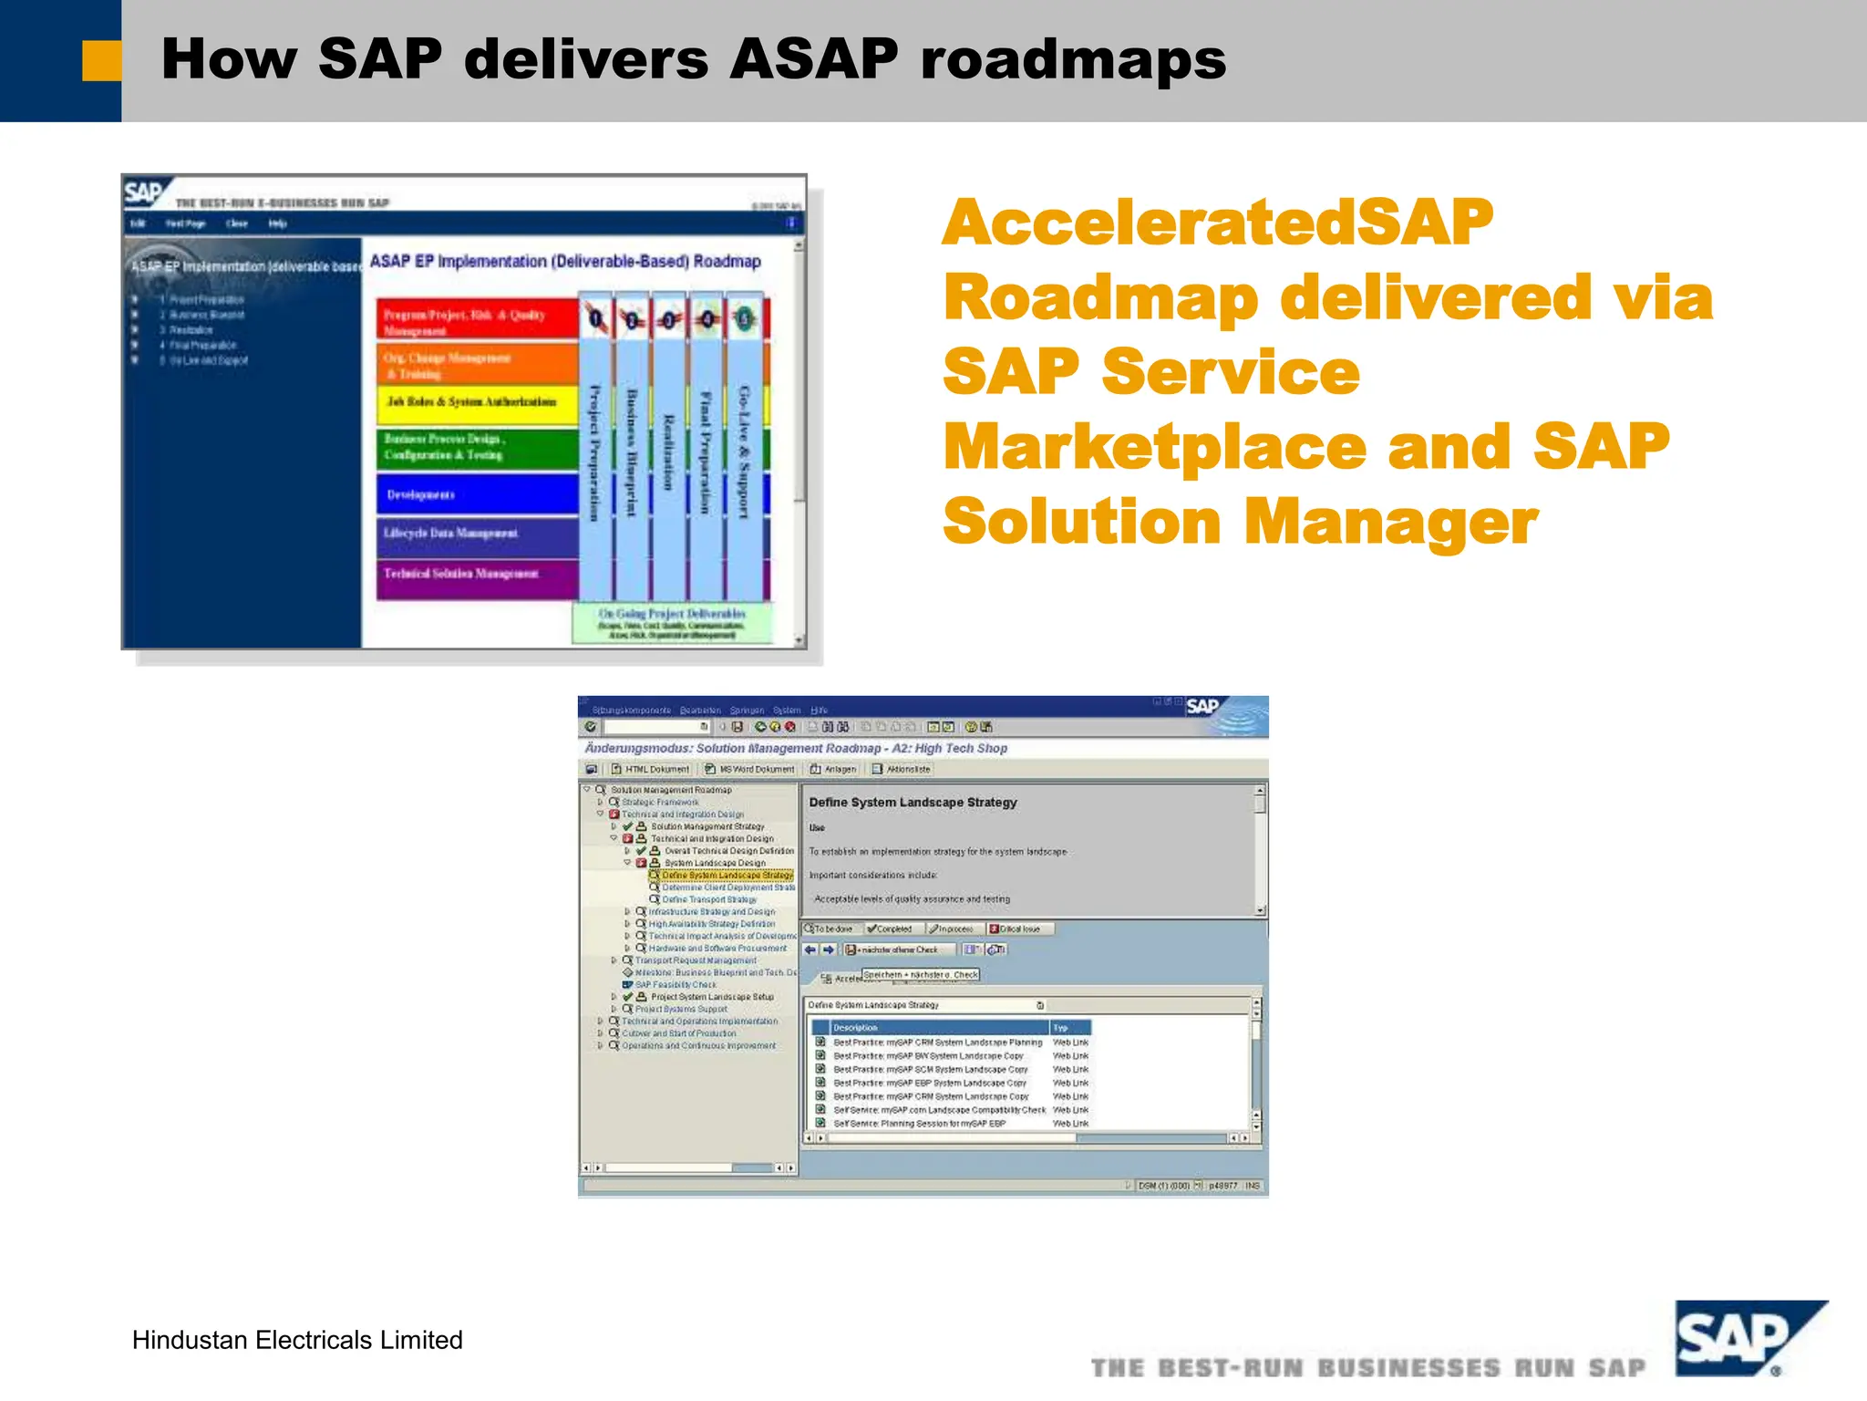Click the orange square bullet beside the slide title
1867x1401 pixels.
[101, 61]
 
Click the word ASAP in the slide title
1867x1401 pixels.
[813, 59]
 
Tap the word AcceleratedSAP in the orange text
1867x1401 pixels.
[1218, 223]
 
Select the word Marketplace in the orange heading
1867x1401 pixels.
[1155, 447]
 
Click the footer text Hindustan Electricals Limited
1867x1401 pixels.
[297, 1340]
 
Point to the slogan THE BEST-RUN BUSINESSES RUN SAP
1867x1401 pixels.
[1367, 1368]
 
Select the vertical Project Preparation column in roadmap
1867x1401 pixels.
[594, 451]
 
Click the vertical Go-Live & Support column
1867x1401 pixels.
[745, 451]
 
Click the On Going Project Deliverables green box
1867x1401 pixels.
[672, 623]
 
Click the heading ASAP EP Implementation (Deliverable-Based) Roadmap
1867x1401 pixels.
[565, 262]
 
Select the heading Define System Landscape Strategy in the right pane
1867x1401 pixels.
[913, 803]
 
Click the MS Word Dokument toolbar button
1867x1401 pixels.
[750, 769]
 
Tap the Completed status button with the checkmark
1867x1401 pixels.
[890, 929]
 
